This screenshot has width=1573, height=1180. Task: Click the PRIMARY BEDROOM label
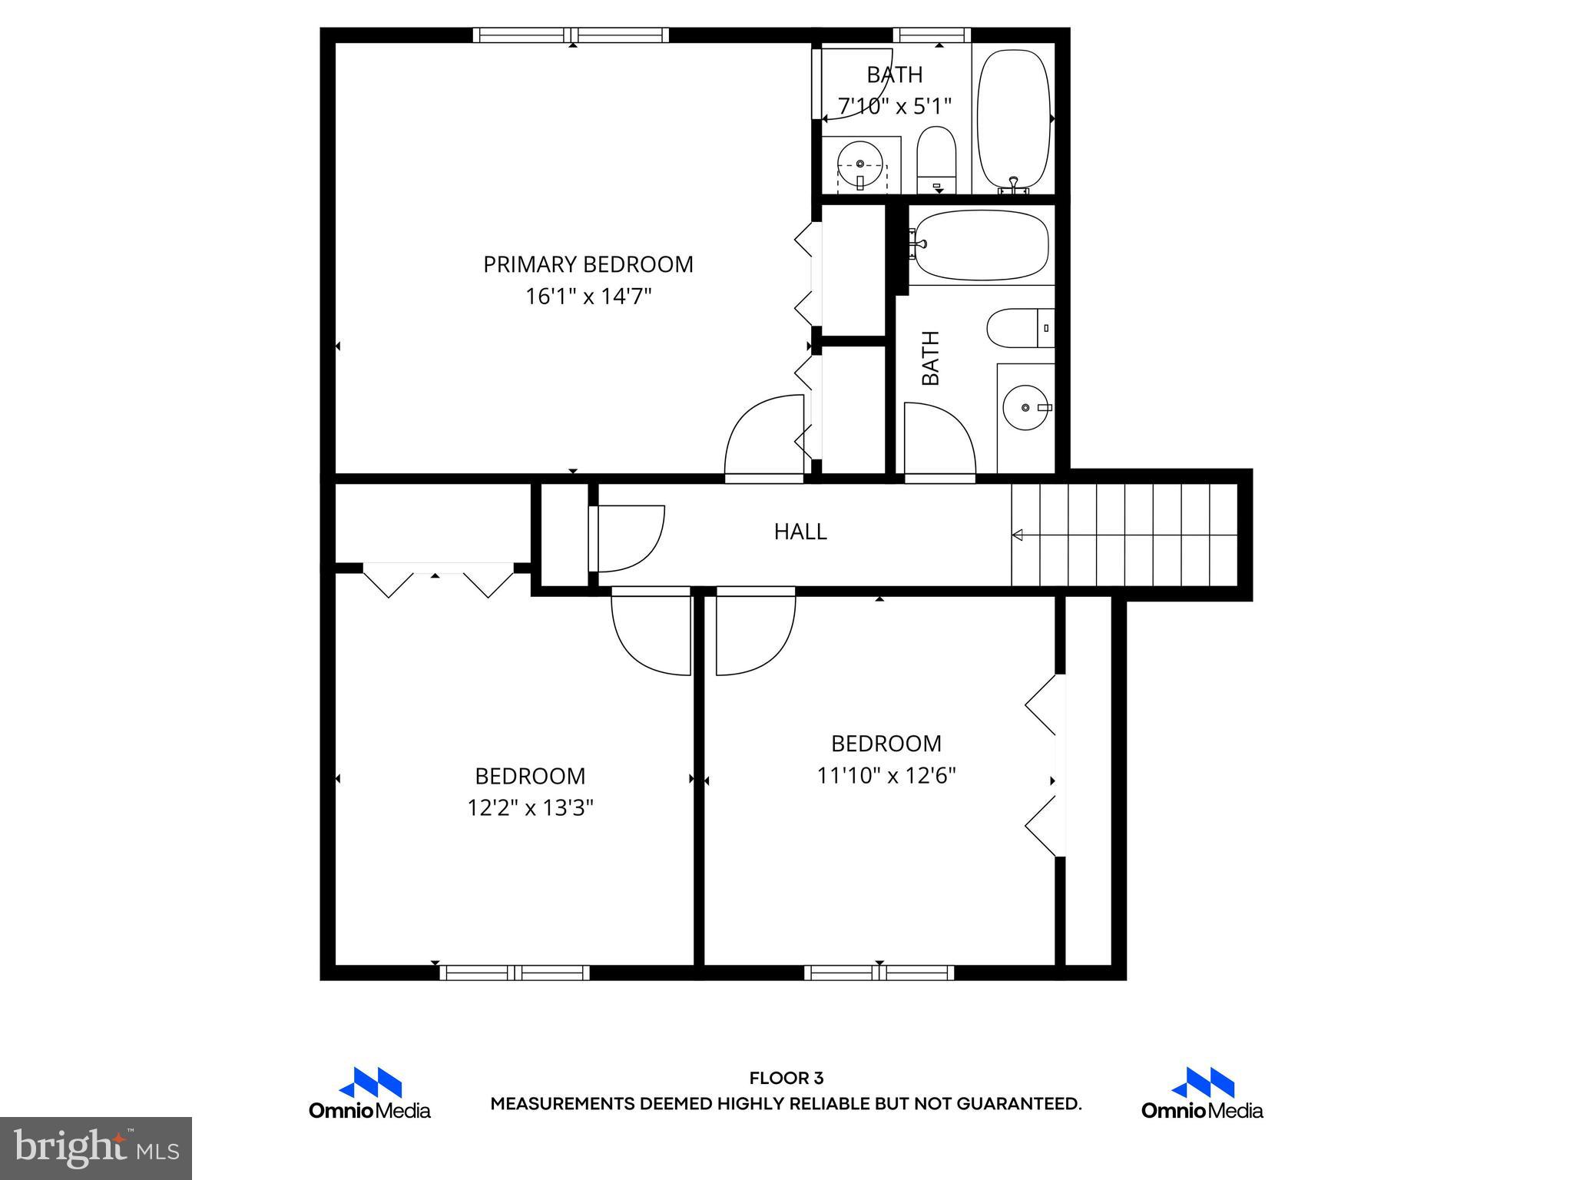(x=588, y=264)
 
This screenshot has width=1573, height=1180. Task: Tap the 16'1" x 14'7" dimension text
(x=588, y=297)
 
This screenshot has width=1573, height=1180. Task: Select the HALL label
(x=800, y=532)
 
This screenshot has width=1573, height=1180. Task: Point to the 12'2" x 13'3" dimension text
(x=530, y=808)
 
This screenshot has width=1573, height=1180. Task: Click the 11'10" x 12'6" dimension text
(x=886, y=776)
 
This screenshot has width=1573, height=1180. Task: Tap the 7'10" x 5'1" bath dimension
(x=895, y=106)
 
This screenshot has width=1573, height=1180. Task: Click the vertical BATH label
(x=930, y=358)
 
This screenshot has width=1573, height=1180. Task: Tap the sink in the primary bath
(x=859, y=164)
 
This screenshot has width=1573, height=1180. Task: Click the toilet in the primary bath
(x=936, y=160)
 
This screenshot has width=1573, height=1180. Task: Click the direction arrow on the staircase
(x=1018, y=535)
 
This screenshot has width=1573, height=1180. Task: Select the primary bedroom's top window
(x=570, y=35)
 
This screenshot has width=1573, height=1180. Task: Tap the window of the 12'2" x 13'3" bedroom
(x=515, y=973)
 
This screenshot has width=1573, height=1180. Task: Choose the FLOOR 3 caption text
(x=786, y=1079)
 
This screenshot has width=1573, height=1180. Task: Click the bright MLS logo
(x=96, y=1148)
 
